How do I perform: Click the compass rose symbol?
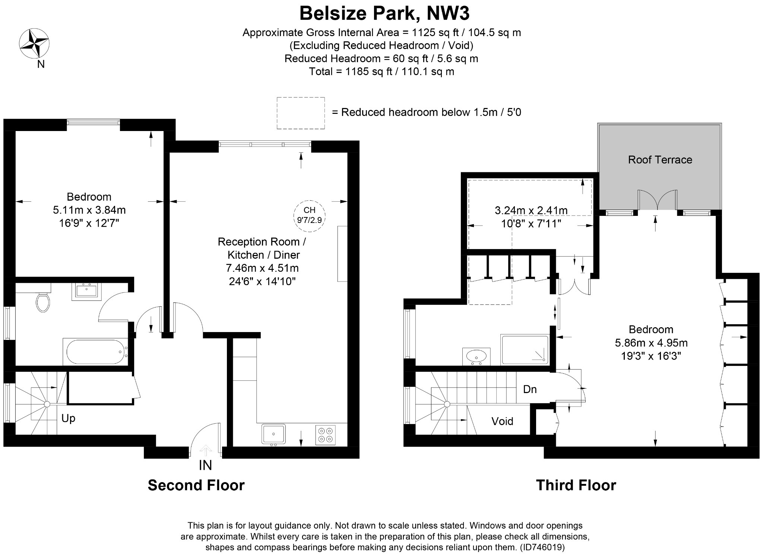tap(34, 44)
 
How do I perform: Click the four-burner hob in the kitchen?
tap(325, 435)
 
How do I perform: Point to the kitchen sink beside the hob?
tap(273, 434)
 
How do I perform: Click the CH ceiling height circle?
tap(309, 216)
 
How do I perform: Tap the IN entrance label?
tap(205, 465)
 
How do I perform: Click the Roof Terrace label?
tap(660, 160)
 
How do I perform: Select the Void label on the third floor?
tap(502, 421)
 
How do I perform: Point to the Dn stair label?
tap(530, 389)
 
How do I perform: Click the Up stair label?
tap(68, 419)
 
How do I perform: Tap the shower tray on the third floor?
tap(525, 349)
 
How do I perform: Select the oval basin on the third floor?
tap(476, 356)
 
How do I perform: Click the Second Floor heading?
tap(196, 485)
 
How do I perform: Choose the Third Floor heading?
tap(576, 485)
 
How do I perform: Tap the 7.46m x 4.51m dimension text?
tap(262, 268)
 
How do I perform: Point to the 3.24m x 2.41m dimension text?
tap(531, 211)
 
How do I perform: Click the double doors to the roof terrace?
tap(657, 200)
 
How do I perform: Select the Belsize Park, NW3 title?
tap(384, 13)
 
